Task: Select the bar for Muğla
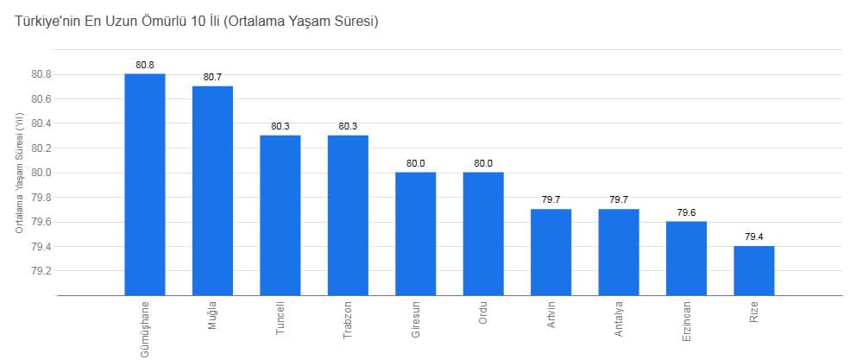212,190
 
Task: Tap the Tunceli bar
280,215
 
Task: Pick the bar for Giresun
415,233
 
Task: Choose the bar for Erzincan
686,258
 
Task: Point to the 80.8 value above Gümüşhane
144,65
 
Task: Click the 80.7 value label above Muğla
212,77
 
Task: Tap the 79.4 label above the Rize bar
754,237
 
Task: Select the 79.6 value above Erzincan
686,212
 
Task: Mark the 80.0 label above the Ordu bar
483,163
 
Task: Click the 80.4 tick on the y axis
41,123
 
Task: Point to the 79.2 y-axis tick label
41,271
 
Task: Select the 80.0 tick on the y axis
41,173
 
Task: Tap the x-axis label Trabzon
348,321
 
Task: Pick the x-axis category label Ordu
483,312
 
